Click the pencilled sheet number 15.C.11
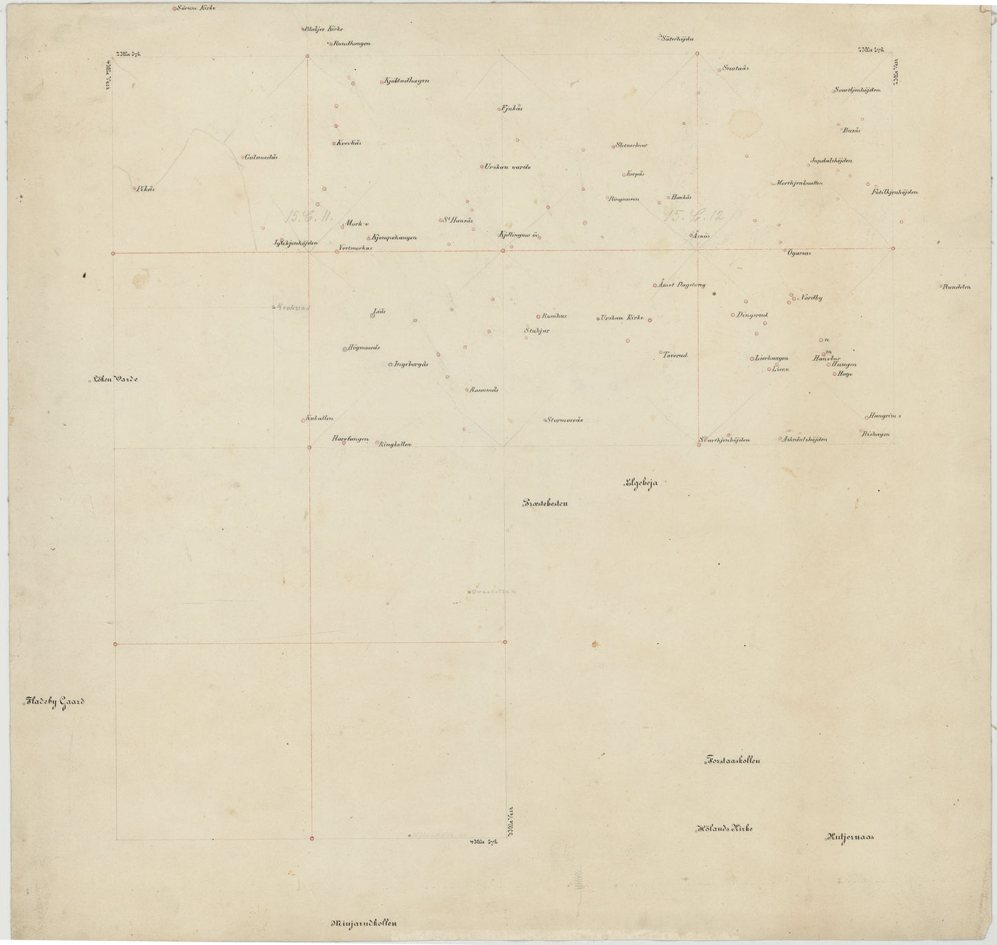[x=310, y=217]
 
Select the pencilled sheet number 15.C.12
[x=693, y=215]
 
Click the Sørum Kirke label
[x=196, y=8]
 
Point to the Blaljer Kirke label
[x=323, y=29]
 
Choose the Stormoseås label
[x=565, y=419]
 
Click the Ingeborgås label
[x=411, y=364]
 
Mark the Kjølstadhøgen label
[x=406, y=81]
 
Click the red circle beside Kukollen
[x=303, y=419]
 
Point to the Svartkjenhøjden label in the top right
[x=856, y=90]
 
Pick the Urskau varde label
[x=508, y=167]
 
